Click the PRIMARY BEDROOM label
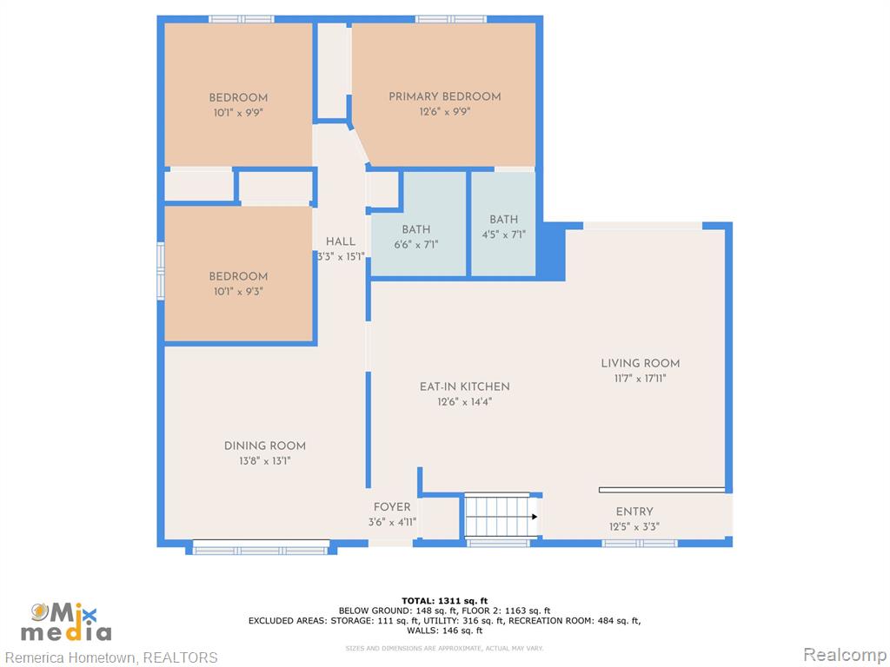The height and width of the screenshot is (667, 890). click(444, 96)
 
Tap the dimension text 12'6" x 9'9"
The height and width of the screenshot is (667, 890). click(444, 112)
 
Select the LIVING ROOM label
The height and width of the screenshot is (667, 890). click(641, 363)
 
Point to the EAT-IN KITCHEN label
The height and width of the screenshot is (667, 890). click(464, 386)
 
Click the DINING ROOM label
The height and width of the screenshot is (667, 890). click(264, 446)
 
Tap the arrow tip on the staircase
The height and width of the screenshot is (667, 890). click(537, 517)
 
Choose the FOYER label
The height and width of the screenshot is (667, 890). click(392, 507)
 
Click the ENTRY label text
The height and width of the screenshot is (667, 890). click(634, 512)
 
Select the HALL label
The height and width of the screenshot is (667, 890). click(341, 241)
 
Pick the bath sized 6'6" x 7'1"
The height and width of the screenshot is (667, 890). click(418, 225)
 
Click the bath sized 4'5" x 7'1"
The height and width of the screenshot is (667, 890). click(503, 224)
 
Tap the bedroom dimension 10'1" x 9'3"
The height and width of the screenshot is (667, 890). click(238, 292)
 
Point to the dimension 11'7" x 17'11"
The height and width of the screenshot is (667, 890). click(641, 379)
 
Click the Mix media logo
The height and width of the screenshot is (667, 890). click(66, 622)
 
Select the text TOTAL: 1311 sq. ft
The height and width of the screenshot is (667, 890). click(444, 601)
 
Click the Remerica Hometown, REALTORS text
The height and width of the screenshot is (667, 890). click(111, 657)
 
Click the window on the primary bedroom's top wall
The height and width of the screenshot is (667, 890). click(451, 19)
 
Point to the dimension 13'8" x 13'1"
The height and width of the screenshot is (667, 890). click(264, 461)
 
